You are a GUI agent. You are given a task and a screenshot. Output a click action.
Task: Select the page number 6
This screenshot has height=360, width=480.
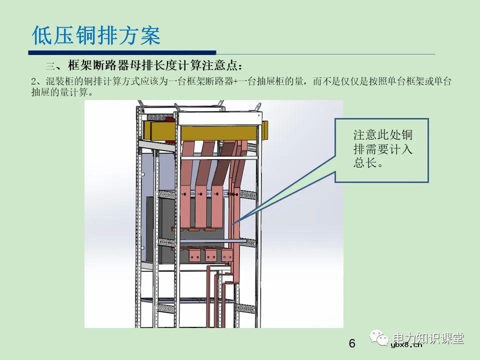(x=352, y=344)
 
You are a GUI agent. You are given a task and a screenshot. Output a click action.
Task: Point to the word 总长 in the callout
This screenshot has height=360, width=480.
(x=364, y=163)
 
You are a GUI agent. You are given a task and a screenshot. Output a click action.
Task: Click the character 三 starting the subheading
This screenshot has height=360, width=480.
(x=50, y=65)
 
